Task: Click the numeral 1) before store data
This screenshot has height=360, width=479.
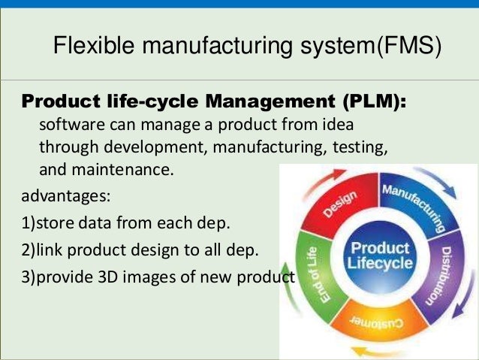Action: [x=28, y=223]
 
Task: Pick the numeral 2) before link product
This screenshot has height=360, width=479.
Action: [x=28, y=250]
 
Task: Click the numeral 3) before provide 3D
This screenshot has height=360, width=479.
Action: [x=28, y=276]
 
